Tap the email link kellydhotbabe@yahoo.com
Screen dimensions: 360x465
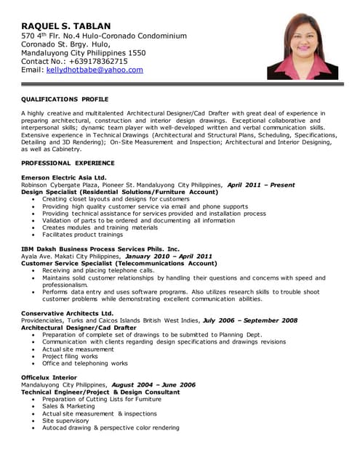(95, 70)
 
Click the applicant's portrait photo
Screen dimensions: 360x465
(302, 49)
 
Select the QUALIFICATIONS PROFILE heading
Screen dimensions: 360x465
(65, 99)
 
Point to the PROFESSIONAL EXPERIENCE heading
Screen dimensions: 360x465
(68, 163)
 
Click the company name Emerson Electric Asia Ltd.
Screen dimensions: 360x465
(64, 177)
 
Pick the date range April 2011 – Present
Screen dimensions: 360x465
(260, 185)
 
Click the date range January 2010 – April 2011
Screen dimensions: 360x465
(169, 256)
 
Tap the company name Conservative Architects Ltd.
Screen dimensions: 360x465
(67, 313)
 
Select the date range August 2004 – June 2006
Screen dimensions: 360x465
(153, 384)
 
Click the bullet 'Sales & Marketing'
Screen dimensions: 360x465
(68, 406)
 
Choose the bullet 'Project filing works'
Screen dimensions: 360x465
(70, 356)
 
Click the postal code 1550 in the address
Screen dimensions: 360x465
(135, 53)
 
